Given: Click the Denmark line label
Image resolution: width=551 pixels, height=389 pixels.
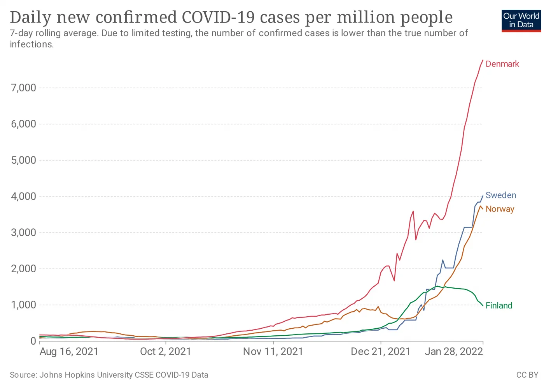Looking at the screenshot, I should click(x=502, y=64).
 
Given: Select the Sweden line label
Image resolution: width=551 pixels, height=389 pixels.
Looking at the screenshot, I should click(x=500, y=195).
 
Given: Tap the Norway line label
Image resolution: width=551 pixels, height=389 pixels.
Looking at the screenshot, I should click(x=500, y=209).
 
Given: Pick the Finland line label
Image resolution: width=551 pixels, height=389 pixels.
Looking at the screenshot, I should click(x=499, y=306).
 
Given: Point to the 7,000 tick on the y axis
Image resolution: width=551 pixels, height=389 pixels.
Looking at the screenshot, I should click(x=23, y=88).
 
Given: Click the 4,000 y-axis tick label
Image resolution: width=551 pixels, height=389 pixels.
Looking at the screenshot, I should click(x=23, y=196).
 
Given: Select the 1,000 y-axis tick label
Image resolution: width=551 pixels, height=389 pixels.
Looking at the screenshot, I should click(x=23, y=305).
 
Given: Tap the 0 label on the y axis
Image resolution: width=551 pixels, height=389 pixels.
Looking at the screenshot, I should click(x=33, y=341).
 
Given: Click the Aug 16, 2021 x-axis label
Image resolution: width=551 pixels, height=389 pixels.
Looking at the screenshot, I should click(x=69, y=352).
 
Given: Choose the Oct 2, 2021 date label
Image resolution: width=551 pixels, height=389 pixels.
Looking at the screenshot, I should click(x=166, y=352).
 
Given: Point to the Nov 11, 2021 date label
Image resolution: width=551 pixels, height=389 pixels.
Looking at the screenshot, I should click(x=273, y=352).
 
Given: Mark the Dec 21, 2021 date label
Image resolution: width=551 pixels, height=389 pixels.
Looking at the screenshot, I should click(x=380, y=352).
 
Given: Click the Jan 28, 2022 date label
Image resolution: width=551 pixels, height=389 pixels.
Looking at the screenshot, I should click(x=453, y=352).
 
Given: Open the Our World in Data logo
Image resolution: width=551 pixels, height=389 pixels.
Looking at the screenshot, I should click(x=521, y=21).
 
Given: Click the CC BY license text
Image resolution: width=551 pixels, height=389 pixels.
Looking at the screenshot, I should click(x=527, y=375).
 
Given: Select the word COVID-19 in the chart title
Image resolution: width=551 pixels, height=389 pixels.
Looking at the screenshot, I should click(x=219, y=18).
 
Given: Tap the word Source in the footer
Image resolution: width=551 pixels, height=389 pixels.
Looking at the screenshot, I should click(x=22, y=375).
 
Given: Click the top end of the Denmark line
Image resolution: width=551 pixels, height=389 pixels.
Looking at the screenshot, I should click(x=483, y=60).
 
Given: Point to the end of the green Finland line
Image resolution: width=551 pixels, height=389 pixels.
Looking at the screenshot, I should click(x=483, y=305).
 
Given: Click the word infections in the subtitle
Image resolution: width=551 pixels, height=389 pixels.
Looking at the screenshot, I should click(x=31, y=44).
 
